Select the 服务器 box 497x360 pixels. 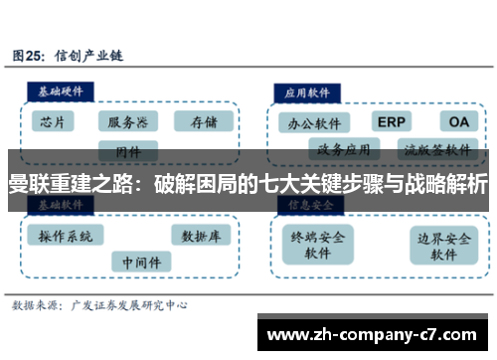tap(127, 122)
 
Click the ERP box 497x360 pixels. tap(392, 121)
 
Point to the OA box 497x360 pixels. tap(458, 121)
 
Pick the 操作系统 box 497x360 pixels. tap(66, 237)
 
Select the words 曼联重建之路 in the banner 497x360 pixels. tap(66, 185)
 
